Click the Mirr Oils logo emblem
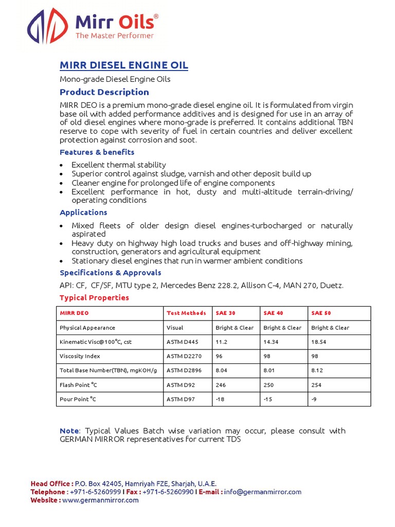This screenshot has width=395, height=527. coord(48,26)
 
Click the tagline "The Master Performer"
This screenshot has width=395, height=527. coord(115,36)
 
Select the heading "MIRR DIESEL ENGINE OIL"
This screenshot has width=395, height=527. coord(124,65)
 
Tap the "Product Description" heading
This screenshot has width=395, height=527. coord(104,92)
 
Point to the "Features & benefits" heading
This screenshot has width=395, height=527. coord(97,152)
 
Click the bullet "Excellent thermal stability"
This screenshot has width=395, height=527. coord(118,165)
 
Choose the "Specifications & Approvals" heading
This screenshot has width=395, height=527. coord(110,273)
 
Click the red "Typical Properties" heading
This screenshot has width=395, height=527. coord(94,298)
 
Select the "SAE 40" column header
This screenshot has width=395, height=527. coord(273,313)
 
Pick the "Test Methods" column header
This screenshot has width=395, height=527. coord(186,313)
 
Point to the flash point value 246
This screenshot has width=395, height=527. coord(221,385)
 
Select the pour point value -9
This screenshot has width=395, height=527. coord(314,399)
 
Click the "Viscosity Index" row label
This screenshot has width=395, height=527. coord(80,356)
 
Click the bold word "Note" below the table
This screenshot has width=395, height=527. coord(69,431)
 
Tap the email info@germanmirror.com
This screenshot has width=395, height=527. coord(262,492)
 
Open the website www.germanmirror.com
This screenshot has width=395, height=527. coord(100,500)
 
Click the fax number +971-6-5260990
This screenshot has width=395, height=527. coord(168,492)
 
